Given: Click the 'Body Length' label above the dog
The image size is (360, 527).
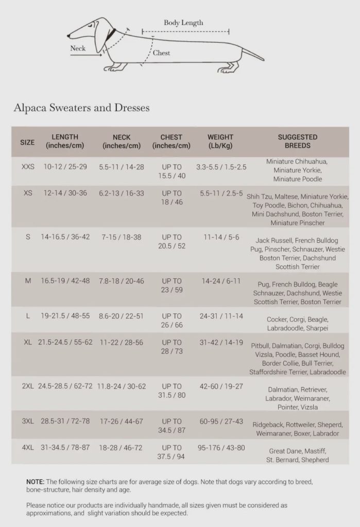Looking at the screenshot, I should click(x=183, y=23).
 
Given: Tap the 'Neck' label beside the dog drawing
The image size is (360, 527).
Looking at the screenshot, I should click(x=78, y=49).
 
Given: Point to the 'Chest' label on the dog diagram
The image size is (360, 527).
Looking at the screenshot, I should click(x=161, y=53).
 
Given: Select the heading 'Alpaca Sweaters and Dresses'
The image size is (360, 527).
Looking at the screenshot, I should click(x=81, y=108).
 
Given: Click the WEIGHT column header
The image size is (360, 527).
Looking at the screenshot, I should click(x=220, y=141).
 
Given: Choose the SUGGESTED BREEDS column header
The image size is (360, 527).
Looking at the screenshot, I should click(x=297, y=141).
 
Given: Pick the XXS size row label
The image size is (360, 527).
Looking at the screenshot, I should click(x=28, y=167).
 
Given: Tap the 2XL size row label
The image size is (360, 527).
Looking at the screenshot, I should click(x=28, y=386).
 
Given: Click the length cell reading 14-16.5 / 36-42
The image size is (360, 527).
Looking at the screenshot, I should click(x=65, y=237).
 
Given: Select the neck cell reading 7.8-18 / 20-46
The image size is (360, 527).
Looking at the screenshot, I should click(x=122, y=281).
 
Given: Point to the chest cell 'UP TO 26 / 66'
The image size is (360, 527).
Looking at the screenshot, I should click(x=172, y=321).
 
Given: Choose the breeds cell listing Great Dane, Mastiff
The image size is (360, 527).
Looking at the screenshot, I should click(x=298, y=455).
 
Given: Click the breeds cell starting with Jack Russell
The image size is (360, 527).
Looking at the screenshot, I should click(x=298, y=254).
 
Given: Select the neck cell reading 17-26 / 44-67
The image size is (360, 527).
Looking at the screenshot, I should click(x=122, y=421).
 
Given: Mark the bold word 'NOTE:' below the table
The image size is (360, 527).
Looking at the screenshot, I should click(x=35, y=481).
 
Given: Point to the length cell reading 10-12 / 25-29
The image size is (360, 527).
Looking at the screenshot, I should click(x=65, y=167).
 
